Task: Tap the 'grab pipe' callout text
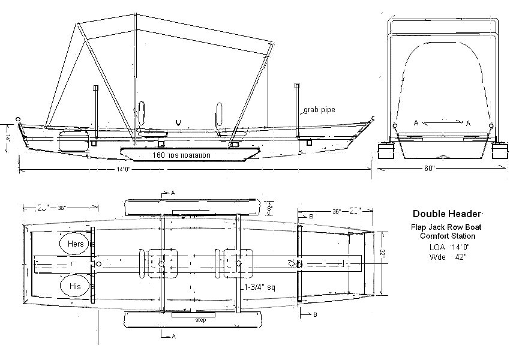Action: pos(319,110)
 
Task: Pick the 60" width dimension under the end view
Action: pos(428,169)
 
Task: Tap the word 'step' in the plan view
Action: pos(201,320)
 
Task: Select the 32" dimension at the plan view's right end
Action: pos(382,254)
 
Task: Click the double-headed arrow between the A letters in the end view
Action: pos(442,123)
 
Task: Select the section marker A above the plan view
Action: pos(173,193)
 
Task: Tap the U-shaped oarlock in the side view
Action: pos(178,122)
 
